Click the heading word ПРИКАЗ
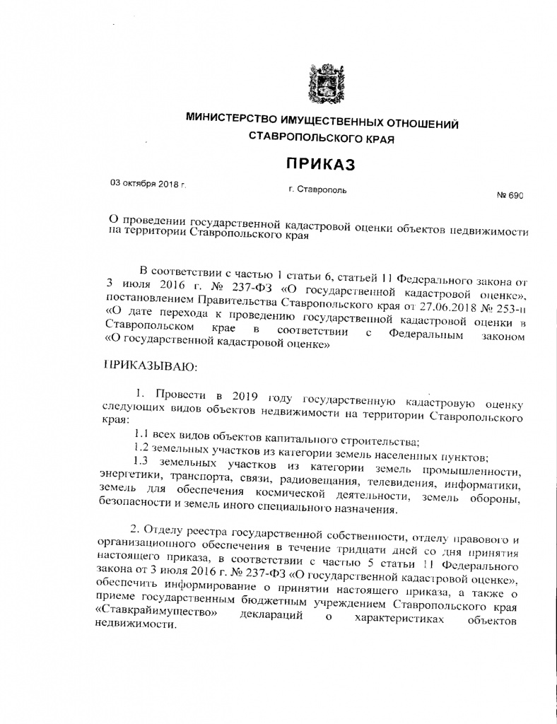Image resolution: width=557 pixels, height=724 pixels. coord(319,165)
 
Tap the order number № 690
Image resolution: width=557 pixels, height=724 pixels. coord(510,196)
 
